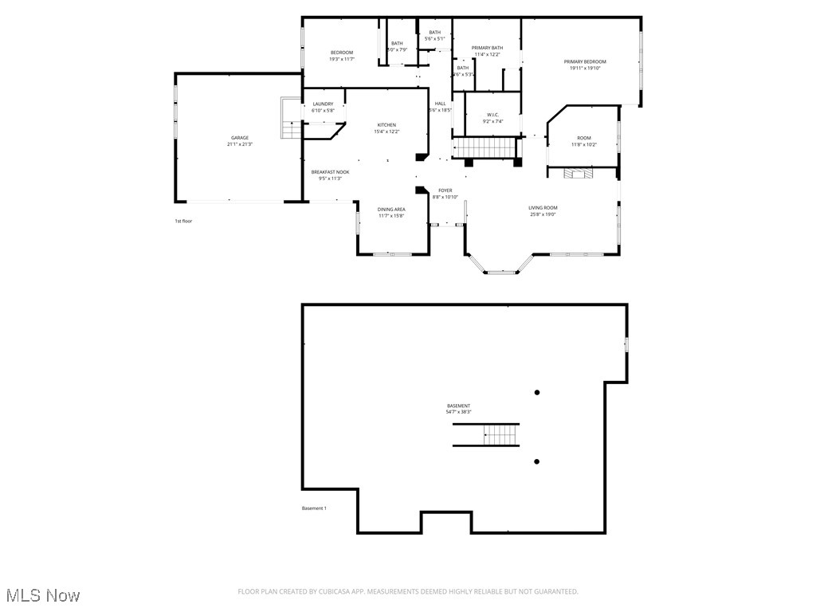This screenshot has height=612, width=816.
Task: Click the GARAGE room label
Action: point(240,138)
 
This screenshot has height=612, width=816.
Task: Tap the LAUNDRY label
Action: point(323,104)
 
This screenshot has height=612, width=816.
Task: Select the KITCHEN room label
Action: point(386,125)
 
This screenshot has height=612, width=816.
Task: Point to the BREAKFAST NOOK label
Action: point(330,172)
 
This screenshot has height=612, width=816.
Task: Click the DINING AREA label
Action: point(391,210)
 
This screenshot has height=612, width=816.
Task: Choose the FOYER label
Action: point(445,190)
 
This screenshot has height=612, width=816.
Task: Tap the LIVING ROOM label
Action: point(543,208)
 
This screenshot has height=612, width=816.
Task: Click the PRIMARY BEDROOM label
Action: point(585,62)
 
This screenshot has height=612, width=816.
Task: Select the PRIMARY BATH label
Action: point(487,48)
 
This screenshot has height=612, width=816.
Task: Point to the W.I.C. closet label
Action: point(492,115)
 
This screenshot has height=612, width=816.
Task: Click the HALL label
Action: point(440,104)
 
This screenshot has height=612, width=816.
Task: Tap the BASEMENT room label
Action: point(458,406)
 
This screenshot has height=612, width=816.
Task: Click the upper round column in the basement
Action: point(537,392)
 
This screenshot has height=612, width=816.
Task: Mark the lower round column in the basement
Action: point(537,461)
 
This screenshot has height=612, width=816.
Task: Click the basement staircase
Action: point(501,435)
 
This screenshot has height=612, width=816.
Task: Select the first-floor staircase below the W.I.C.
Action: point(483,147)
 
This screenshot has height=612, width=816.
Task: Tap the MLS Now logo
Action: point(43,595)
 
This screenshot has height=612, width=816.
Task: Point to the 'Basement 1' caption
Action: point(314,508)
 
